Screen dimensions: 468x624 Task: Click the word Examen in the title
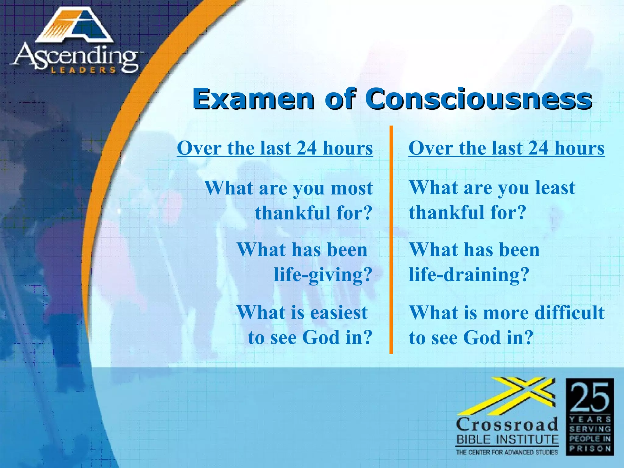[253, 99]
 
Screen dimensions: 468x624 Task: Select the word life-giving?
[323, 275]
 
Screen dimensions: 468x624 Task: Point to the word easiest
[338, 313]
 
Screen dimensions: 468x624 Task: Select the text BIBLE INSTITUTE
[508, 440]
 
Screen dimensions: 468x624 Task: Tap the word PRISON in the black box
[590, 448]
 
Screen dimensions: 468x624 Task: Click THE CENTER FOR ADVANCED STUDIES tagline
[507, 452]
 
